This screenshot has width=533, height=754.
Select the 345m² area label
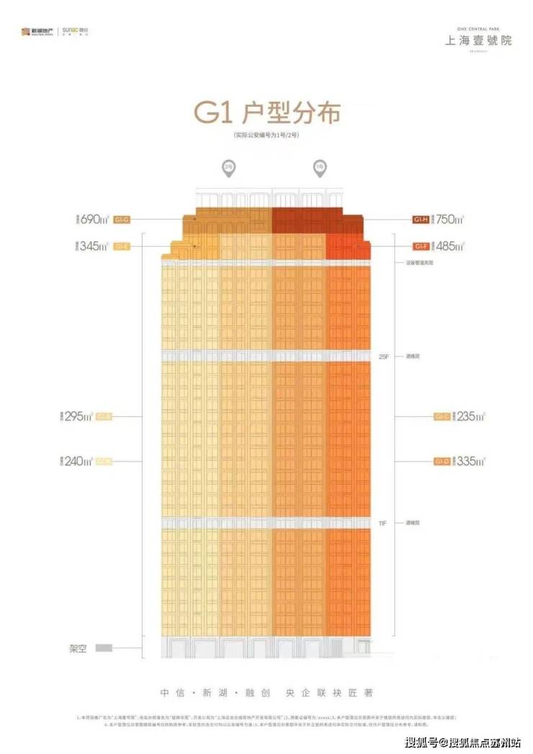94,246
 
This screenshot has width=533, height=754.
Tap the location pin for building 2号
227,168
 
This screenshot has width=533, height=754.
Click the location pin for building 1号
318,168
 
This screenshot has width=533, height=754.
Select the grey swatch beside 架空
104,648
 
